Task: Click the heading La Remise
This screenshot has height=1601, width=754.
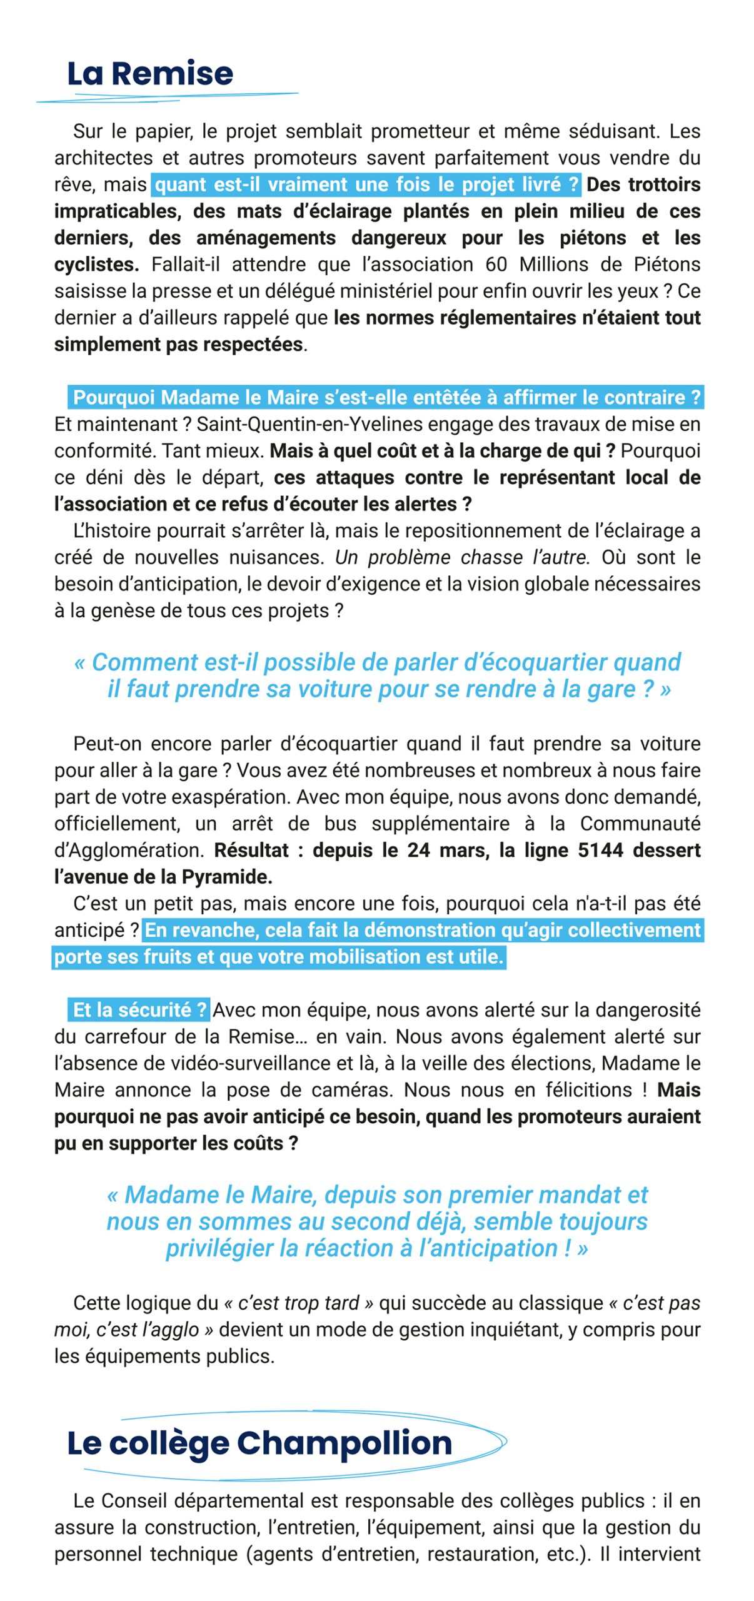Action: [x=150, y=74]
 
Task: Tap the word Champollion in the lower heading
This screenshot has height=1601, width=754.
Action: [x=344, y=1443]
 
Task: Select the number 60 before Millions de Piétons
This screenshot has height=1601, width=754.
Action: [x=496, y=265]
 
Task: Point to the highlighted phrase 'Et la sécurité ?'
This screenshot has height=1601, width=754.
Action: [x=139, y=1010]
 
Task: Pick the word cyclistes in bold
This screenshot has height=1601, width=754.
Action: [x=96, y=265]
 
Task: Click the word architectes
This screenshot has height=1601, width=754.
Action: [x=101, y=158]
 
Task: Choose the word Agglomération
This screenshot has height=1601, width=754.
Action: [x=129, y=851]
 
